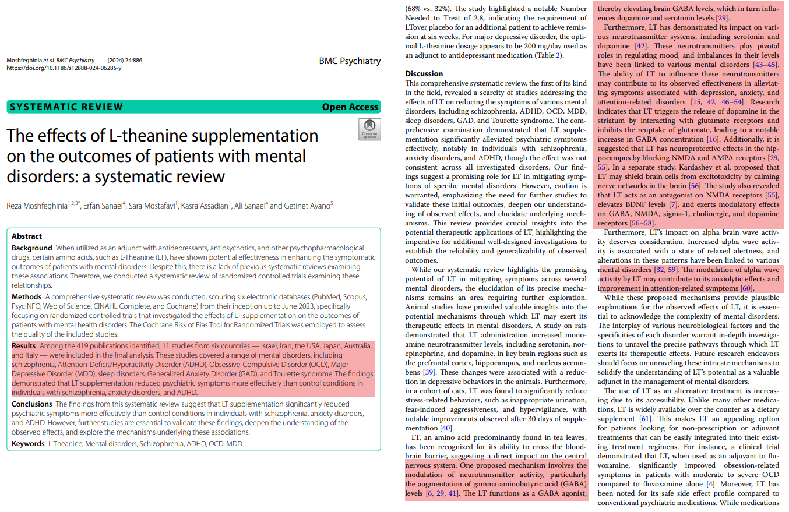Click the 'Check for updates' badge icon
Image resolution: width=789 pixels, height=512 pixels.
(369, 129)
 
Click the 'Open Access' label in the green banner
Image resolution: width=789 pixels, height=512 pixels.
(350, 107)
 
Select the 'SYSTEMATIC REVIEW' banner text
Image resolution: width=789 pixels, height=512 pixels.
(66, 107)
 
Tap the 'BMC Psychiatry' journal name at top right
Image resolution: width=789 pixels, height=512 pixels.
(350, 61)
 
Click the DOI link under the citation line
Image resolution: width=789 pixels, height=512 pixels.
(64, 68)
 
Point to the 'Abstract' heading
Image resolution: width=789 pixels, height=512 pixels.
(27, 236)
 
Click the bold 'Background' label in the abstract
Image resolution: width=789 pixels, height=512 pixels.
(32, 248)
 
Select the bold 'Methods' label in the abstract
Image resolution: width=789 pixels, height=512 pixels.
(26, 297)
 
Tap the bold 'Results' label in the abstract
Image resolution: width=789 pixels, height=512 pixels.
(24, 346)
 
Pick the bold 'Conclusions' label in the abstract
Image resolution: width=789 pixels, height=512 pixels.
(32, 404)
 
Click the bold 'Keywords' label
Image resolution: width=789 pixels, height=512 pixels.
(28, 443)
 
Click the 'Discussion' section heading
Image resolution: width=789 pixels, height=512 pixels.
(424, 73)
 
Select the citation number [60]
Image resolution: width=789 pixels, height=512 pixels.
(747, 288)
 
